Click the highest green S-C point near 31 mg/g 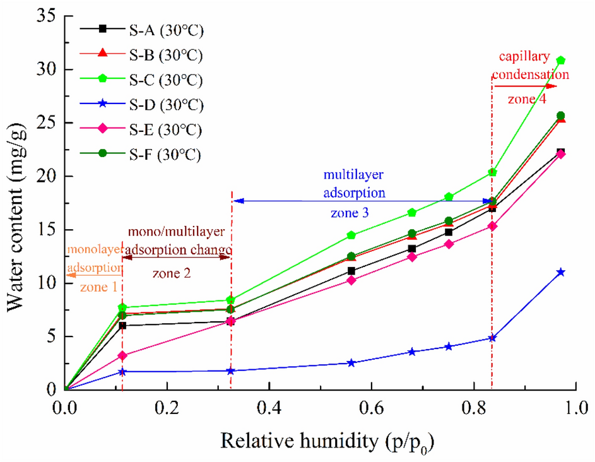(560, 61)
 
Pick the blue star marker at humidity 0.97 (560, 273)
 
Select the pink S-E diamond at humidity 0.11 (122, 356)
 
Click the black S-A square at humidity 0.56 (351, 271)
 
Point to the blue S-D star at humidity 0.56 (351, 363)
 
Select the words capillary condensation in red (531, 66)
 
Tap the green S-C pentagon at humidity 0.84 (493, 172)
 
